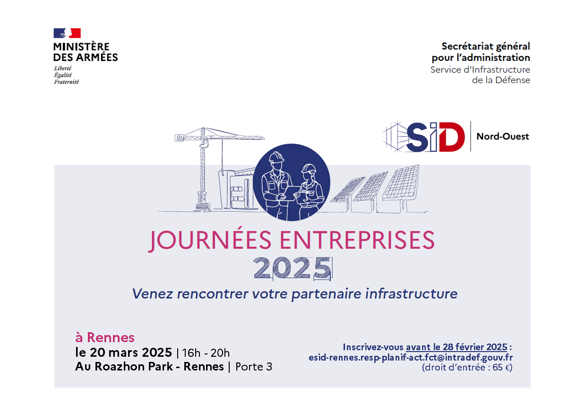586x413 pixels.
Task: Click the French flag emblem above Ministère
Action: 67,33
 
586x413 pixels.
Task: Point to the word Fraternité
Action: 67,82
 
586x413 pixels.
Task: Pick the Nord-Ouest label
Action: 502,137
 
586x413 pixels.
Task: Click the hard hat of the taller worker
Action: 276,157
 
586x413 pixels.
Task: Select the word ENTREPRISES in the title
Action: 357,240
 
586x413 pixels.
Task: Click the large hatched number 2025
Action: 293,268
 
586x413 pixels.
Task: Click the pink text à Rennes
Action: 105,337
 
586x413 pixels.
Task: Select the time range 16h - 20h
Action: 206,353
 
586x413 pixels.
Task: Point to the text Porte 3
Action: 254,367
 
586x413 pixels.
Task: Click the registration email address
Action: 411,358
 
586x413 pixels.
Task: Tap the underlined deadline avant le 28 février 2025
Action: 457,347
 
